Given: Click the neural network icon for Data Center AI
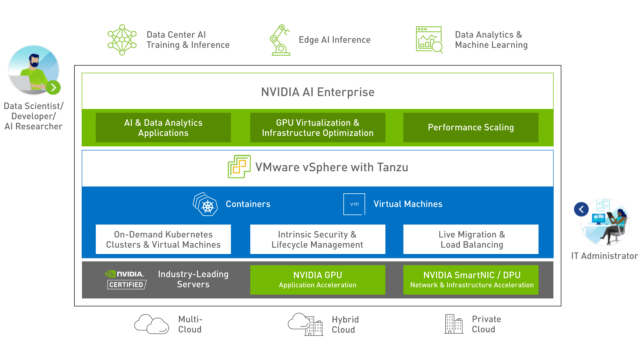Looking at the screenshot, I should (x=122, y=40).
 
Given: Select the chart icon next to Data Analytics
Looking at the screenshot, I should (x=429, y=40).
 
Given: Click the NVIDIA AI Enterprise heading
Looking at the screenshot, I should (x=317, y=92).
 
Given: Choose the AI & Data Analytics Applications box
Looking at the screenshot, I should (x=163, y=128).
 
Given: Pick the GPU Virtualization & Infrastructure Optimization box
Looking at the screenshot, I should (x=317, y=128).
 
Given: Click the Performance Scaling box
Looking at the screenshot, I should (x=471, y=128).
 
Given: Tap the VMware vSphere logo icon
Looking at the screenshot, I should (x=239, y=167).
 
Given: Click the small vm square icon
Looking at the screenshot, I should (x=354, y=204).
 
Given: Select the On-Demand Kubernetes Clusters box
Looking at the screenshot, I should (x=163, y=239).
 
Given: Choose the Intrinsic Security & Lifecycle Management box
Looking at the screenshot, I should (x=317, y=239).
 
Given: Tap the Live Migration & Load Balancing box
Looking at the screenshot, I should (x=471, y=239).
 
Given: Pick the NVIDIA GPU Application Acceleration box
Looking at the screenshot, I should (x=317, y=280).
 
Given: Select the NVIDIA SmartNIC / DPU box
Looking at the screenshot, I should (x=471, y=280).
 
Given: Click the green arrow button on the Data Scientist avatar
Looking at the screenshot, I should (x=53, y=88).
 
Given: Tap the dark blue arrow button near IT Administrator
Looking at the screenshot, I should (x=581, y=209).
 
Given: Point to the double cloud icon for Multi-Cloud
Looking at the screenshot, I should (x=152, y=324).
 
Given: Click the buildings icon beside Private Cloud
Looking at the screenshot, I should (x=453, y=324).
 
